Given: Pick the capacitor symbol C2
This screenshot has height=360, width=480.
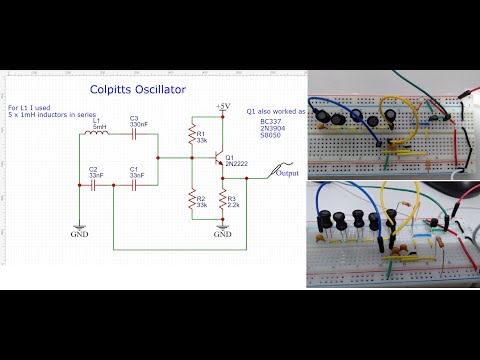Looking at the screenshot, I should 80,184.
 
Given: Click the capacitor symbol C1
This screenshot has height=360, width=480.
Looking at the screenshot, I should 134,184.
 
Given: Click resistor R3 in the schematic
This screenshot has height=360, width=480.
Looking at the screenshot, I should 222,203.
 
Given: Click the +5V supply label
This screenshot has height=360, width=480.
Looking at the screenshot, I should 222,106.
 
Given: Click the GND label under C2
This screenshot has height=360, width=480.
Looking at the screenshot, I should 80,236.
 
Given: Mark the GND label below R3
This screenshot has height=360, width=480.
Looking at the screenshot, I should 222,236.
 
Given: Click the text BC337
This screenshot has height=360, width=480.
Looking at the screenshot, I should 272,124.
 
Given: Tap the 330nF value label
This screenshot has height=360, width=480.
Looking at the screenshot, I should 139,125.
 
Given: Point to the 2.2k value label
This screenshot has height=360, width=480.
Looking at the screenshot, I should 236,206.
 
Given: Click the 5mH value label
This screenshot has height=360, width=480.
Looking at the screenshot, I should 100,126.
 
